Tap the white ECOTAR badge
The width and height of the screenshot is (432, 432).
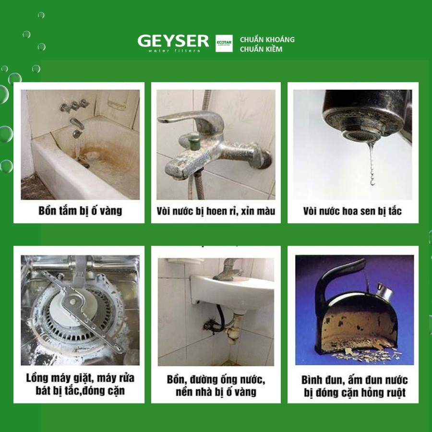coord(224,43)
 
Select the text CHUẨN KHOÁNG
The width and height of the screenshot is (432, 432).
coord(267,39)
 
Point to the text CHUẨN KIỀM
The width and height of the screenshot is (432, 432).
coord(261,49)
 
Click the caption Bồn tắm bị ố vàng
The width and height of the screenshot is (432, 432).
coord(80,211)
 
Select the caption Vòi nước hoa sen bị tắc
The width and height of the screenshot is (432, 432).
coord(352,211)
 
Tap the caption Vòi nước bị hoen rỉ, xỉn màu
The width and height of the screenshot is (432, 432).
coord(216,211)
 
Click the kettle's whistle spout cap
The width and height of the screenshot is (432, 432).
coord(384,291)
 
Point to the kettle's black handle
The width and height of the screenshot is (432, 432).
coord(336,274)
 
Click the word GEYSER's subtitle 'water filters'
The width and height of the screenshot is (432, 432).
coord(174,50)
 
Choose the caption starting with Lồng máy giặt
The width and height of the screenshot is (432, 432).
coord(80,384)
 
